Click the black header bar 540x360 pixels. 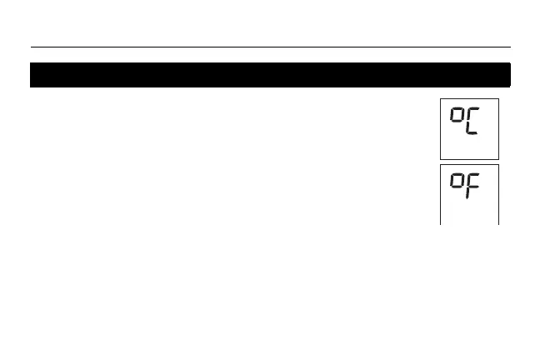click(x=270, y=75)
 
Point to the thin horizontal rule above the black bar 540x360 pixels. click(x=270, y=47)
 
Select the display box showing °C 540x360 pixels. click(x=469, y=128)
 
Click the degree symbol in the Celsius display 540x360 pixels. click(x=456, y=115)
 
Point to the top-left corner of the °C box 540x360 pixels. click(x=441, y=99)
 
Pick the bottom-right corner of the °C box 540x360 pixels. click(x=498, y=158)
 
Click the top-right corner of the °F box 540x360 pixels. click(x=498, y=165)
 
